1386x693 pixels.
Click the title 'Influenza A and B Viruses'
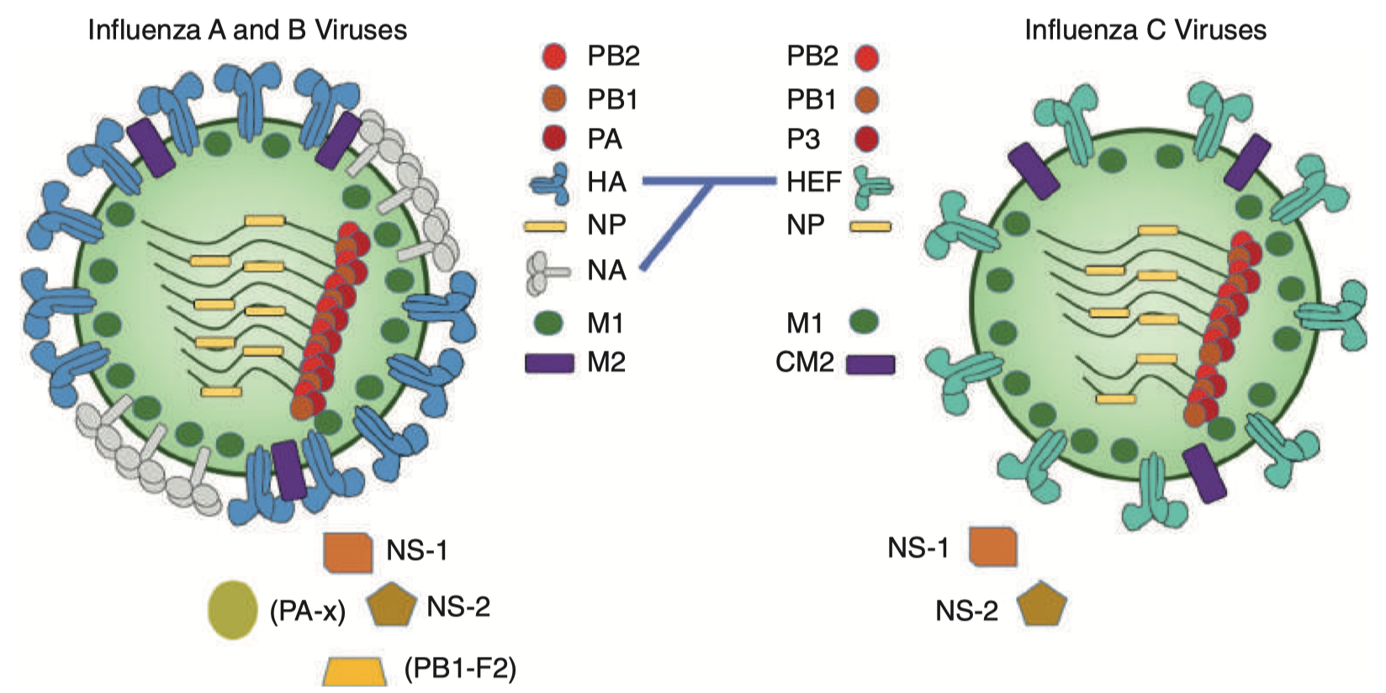click(x=247, y=30)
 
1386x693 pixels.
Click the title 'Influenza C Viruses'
click(x=1145, y=30)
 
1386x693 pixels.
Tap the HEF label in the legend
click(x=813, y=182)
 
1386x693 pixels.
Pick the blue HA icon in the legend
click(x=552, y=184)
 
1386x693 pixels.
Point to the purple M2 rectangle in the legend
click(x=549, y=362)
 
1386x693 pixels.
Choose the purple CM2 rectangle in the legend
click(x=870, y=363)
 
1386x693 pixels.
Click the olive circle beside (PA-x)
click(x=232, y=610)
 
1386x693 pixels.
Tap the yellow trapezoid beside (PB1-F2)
click(x=355, y=671)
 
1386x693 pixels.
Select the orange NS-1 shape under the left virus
click(x=348, y=552)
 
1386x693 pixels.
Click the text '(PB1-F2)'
click(x=460, y=669)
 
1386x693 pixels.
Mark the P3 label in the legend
click(x=803, y=140)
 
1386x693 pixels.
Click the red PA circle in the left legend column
click(x=553, y=138)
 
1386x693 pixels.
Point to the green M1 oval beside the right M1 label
click(x=864, y=320)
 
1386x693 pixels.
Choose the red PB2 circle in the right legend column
click(x=866, y=57)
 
